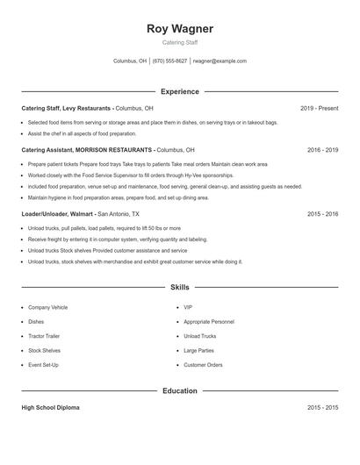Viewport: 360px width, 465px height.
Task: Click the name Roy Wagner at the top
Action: tap(180, 28)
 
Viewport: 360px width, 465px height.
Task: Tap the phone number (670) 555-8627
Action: tap(169, 61)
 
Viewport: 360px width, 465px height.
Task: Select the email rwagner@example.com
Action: tap(220, 61)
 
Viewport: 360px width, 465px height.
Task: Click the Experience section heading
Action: tap(180, 91)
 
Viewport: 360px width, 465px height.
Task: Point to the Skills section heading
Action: tap(180, 287)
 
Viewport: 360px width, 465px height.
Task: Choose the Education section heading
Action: tap(180, 390)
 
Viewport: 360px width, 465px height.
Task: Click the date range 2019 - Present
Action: tap(319, 108)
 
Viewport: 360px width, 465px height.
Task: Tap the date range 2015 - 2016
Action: tap(322, 213)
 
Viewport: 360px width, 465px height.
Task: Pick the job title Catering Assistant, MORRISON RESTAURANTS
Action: tap(87, 150)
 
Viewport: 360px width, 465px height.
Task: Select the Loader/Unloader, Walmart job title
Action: tap(57, 213)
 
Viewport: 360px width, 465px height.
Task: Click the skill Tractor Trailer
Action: tap(46, 336)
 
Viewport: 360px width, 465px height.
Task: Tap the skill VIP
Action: tap(188, 308)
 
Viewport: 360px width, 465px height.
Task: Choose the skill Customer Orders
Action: tap(203, 364)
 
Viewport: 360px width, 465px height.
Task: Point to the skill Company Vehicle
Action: tap(47, 308)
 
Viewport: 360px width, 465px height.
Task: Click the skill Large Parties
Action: tap(198, 350)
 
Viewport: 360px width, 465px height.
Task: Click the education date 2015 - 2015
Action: tap(322, 408)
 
